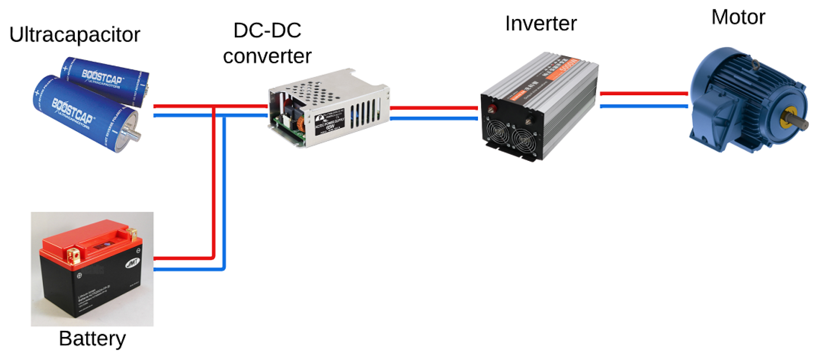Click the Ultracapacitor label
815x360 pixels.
coord(75,35)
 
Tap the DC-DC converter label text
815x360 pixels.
coord(267,43)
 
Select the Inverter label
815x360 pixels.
coord(541,24)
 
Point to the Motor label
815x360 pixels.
coord(738,17)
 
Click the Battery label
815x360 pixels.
coord(92,338)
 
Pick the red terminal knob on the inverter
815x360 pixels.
coord(492,108)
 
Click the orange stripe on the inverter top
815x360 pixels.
coord(564,70)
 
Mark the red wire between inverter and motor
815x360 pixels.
coord(644,94)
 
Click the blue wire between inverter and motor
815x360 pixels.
coord(644,106)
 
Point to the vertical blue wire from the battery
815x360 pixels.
coord(224,192)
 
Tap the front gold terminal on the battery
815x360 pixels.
coord(74,256)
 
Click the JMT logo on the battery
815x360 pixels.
coord(133,263)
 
